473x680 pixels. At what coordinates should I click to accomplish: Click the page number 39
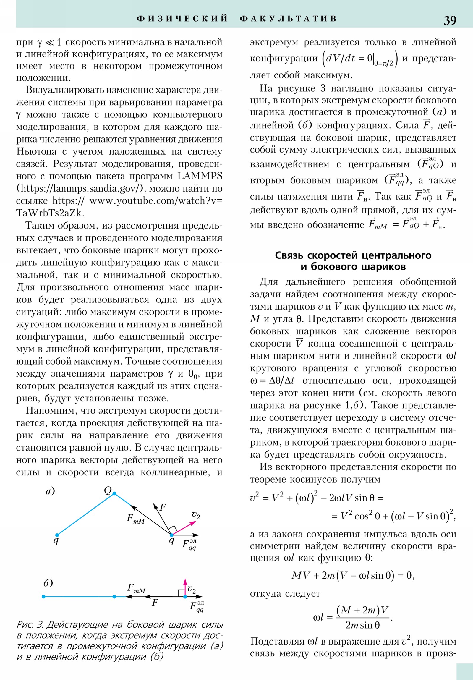tap(450, 20)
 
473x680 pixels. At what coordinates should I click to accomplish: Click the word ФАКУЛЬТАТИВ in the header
tap(288, 19)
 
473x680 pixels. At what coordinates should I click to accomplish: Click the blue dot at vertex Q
tap(114, 493)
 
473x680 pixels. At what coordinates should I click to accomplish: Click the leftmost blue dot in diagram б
tap(43, 597)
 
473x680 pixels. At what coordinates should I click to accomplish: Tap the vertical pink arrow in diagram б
tap(185, 587)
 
